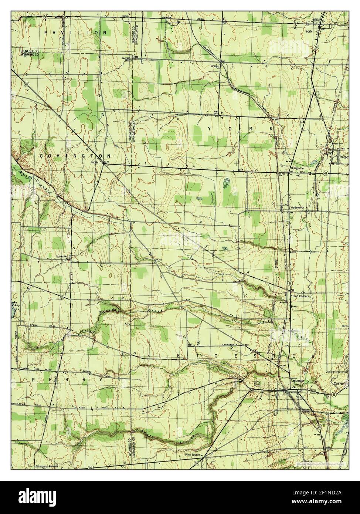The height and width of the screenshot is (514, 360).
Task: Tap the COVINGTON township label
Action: pos(76,156)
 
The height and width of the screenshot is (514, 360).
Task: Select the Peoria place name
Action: pos(97,162)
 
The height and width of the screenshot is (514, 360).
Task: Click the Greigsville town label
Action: pos(296,168)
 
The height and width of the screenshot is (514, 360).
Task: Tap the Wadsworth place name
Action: pos(297,208)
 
